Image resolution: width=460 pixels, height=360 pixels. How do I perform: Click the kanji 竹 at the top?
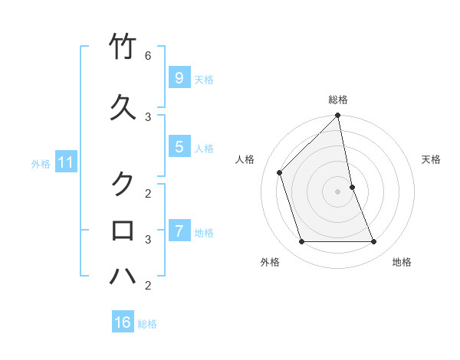click(123, 47)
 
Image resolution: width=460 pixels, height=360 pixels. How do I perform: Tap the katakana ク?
click(123, 184)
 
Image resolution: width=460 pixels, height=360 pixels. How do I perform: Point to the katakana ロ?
click(123, 231)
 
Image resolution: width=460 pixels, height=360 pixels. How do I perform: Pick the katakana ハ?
click(123, 276)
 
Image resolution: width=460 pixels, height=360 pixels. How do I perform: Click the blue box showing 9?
click(179, 77)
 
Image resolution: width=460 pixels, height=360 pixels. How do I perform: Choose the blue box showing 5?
click(179, 146)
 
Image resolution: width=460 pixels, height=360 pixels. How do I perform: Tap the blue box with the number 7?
click(179, 231)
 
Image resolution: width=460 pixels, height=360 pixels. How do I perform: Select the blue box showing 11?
click(65, 162)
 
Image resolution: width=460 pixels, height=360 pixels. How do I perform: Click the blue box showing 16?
click(123, 322)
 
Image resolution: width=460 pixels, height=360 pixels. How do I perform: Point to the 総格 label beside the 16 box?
click(147, 324)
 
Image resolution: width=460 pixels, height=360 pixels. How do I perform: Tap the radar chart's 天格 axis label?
click(431, 159)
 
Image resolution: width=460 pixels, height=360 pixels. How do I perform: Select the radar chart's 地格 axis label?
click(402, 262)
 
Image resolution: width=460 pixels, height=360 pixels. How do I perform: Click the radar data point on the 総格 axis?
click(337, 116)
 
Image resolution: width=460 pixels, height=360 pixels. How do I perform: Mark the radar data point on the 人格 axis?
click(280, 172)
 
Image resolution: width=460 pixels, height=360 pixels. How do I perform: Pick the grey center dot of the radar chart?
click(337, 191)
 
